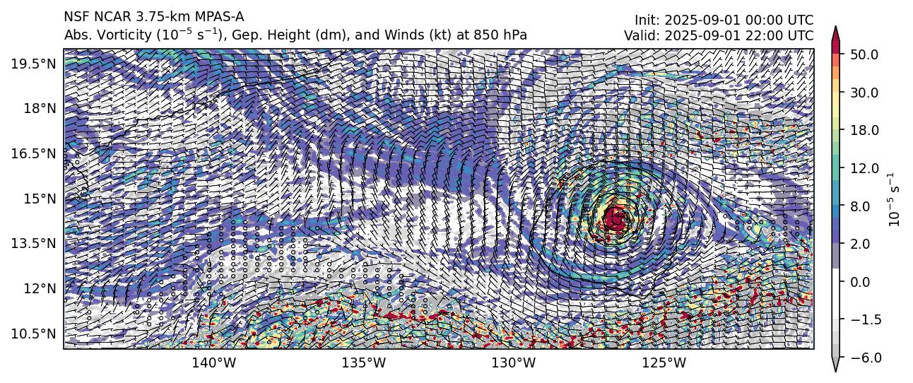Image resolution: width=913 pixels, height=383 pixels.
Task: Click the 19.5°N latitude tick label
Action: pos(34,64)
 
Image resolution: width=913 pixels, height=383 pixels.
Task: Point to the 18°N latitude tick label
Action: pos(39,108)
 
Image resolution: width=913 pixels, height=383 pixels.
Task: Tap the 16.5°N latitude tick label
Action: pos(34,153)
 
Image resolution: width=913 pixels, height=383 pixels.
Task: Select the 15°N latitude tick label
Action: pos(39,199)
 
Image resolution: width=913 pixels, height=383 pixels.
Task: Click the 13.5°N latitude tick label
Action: pos(34,243)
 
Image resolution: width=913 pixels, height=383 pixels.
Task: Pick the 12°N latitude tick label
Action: pos(39,288)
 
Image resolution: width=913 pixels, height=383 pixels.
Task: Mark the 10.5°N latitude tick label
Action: pos(34,333)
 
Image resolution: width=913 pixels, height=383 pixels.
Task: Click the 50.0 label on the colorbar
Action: pos(866,54)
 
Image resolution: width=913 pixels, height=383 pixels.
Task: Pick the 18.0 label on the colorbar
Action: pos(866,131)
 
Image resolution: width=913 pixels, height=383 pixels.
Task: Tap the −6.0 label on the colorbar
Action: pos(866,358)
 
